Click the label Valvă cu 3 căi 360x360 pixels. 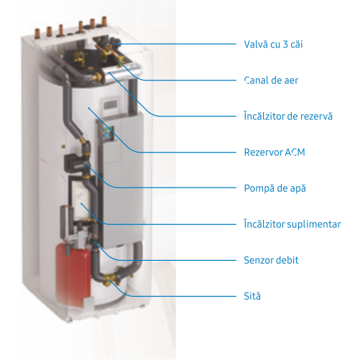point(273,45)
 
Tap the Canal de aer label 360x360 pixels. point(271,80)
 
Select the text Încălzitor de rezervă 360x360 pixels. point(288,116)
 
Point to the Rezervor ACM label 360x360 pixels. point(274,152)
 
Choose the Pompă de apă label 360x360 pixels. point(275,188)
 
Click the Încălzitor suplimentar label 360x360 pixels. point(292,224)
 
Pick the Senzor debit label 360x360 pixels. point(271,260)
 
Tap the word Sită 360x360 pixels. point(252,296)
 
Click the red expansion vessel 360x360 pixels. point(73,275)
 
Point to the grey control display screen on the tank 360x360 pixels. point(111,105)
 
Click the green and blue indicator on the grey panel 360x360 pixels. point(107,133)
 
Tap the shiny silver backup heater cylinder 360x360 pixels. point(122,71)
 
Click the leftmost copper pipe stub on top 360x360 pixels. point(37,33)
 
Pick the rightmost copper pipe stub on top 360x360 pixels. point(104,21)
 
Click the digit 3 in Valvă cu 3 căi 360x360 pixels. point(285,45)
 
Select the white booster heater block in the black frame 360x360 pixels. point(80,198)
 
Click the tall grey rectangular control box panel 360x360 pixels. point(122,180)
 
